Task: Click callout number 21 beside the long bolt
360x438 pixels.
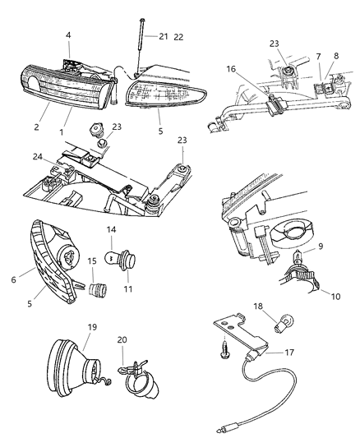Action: (164, 37)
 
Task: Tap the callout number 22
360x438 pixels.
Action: (180, 37)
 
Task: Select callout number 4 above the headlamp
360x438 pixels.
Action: (68, 35)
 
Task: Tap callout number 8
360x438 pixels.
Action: (335, 57)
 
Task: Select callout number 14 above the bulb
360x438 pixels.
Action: (112, 230)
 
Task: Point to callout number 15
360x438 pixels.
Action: (93, 261)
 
